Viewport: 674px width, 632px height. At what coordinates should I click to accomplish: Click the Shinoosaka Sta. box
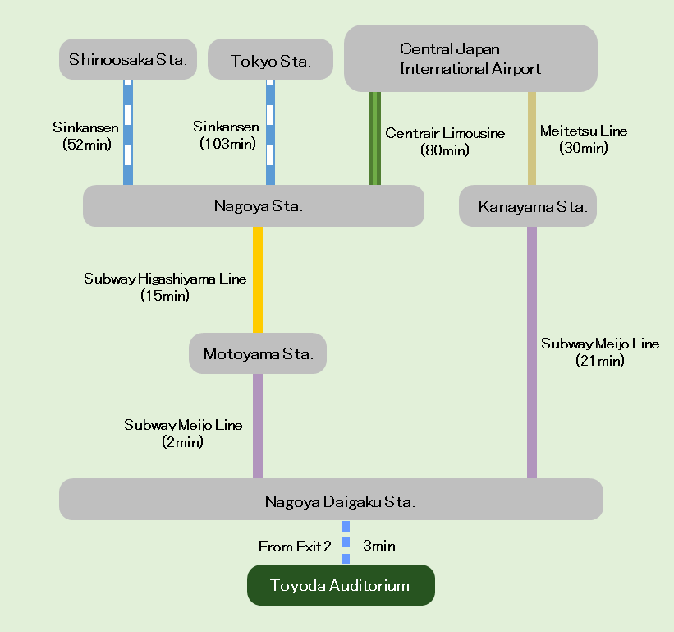click(128, 59)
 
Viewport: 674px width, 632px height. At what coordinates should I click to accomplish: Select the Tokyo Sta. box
click(270, 60)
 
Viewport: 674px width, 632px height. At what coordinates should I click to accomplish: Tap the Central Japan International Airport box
click(470, 58)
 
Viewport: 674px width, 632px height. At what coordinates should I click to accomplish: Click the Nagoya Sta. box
click(253, 205)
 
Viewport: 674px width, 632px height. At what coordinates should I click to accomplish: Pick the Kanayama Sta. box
click(528, 205)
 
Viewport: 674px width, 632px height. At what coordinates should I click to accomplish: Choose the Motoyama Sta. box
click(258, 353)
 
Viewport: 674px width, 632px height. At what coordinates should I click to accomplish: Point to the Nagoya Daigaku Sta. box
click(331, 500)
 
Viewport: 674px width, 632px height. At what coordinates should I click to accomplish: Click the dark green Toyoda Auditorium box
click(341, 585)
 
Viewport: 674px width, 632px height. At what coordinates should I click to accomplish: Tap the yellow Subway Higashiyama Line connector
click(258, 279)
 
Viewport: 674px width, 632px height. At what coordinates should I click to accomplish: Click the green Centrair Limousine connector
click(374, 138)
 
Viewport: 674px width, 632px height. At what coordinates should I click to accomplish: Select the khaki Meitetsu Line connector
click(532, 138)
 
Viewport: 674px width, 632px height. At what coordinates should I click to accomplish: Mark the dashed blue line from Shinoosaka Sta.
click(128, 131)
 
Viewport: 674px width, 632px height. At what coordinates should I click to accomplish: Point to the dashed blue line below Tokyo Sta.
click(270, 131)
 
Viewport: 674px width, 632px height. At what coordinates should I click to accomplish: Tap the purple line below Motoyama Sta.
click(258, 426)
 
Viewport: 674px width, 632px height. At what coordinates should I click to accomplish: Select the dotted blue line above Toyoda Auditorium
click(346, 542)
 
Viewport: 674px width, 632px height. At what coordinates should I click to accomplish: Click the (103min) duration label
click(227, 143)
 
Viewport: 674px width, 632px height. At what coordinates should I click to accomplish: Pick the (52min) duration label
click(86, 144)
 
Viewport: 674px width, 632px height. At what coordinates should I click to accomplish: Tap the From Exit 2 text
click(295, 547)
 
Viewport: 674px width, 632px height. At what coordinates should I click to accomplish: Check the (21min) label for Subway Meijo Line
click(600, 360)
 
